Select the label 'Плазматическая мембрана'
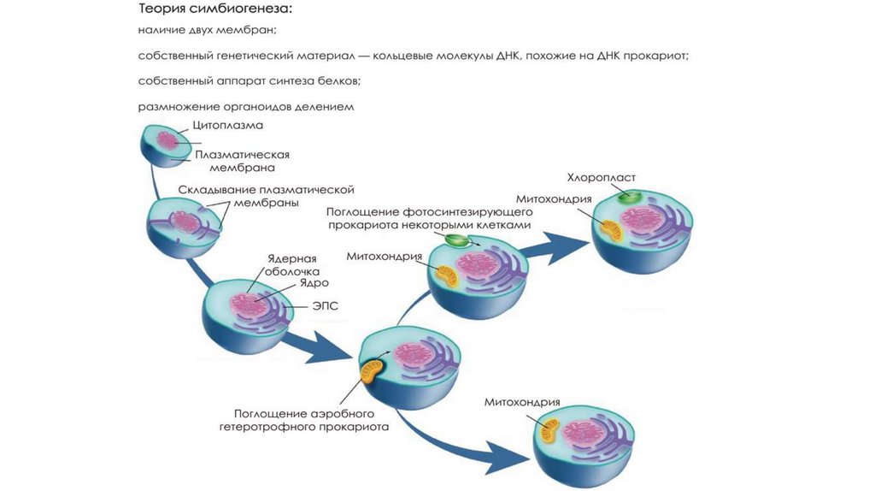pos(243,162)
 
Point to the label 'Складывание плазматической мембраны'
pos(266,196)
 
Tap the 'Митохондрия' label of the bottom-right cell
pos(521,402)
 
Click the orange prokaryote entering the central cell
pos(373,370)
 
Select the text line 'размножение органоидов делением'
pos(246,108)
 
